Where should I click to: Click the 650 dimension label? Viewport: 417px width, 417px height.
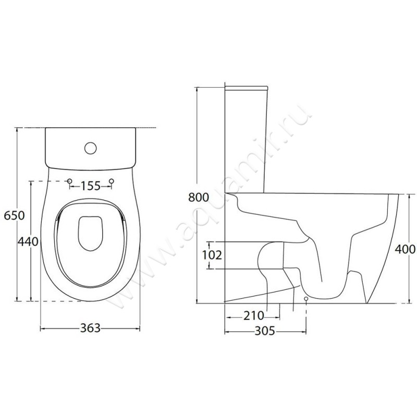[15, 215]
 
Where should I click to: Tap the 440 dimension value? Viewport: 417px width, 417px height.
[28, 241]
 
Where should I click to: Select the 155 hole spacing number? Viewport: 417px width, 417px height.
[90, 186]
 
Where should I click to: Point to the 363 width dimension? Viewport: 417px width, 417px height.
[90, 328]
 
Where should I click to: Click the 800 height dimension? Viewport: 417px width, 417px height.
[199, 198]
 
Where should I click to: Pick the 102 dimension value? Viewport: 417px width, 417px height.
[212, 255]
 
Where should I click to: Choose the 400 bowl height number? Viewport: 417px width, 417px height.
[405, 249]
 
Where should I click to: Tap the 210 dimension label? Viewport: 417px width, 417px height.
[254, 316]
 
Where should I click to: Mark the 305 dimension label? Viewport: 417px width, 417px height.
[265, 331]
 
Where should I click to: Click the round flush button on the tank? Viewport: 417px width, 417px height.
[90, 148]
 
